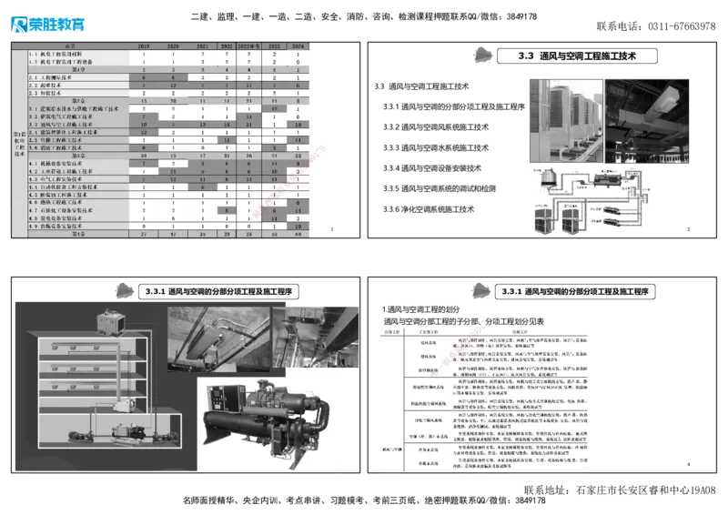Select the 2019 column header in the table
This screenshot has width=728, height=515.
pyautogui.click(x=144, y=44)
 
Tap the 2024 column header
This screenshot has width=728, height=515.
pyautogui.click(x=298, y=44)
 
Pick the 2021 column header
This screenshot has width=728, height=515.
pyautogui.click(x=203, y=44)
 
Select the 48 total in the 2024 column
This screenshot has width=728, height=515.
pyautogui.click(x=298, y=234)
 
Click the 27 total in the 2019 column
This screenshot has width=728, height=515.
pyautogui.click(x=144, y=234)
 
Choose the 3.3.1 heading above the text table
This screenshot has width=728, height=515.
pyautogui.click(x=574, y=291)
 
